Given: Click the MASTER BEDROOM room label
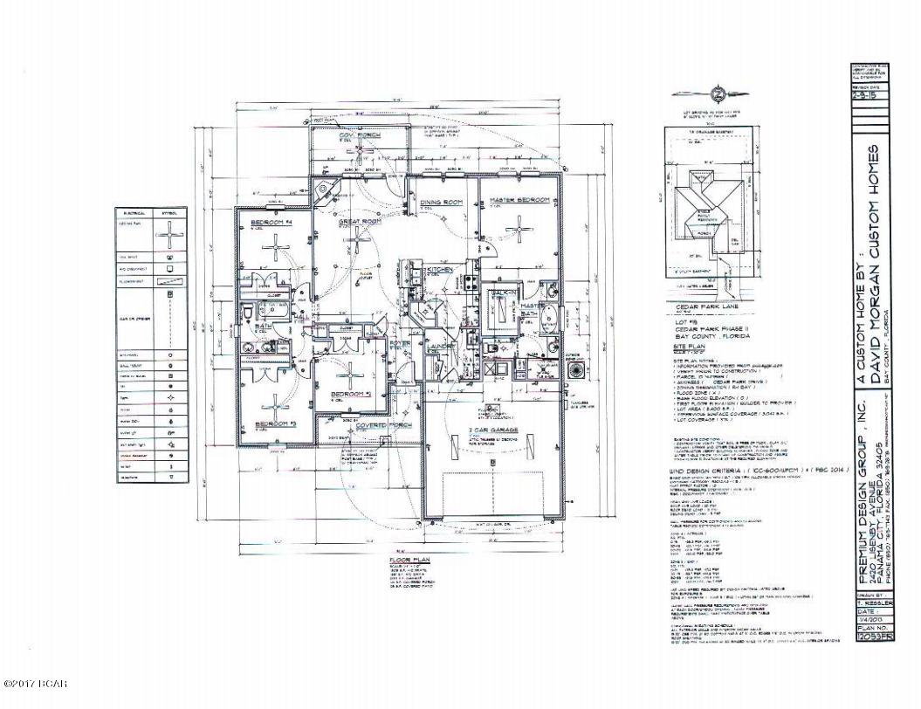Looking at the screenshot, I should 520,200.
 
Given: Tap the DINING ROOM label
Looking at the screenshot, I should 440,203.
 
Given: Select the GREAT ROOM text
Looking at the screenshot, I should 361,222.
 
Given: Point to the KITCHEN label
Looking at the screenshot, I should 438,270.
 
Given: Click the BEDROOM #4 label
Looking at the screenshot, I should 269,223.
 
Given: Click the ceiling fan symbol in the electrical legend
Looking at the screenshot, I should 168,235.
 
